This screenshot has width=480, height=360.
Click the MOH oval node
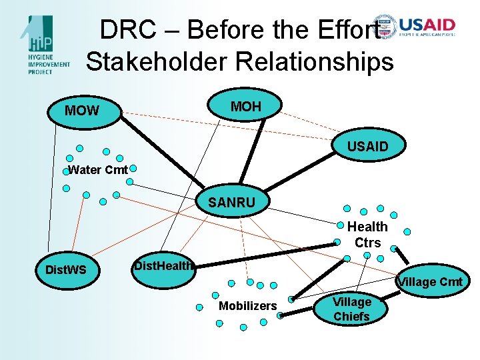click(x=245, y=106)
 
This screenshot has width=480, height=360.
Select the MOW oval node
click(x=82, y=111)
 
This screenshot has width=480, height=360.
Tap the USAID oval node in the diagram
click(x=367, y=146)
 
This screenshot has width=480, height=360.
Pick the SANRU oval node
click(x=231, y=202)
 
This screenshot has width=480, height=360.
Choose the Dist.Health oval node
click(x=163, y=266)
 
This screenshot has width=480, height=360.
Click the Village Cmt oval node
click(x=430, y=282)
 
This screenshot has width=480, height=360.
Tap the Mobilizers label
click(x=247, y=306)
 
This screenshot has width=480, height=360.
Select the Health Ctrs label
click(x=367, y=235)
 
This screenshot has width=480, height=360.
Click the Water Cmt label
click(x=98, y=170)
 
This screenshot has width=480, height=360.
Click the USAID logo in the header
click(x=416, y=27)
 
